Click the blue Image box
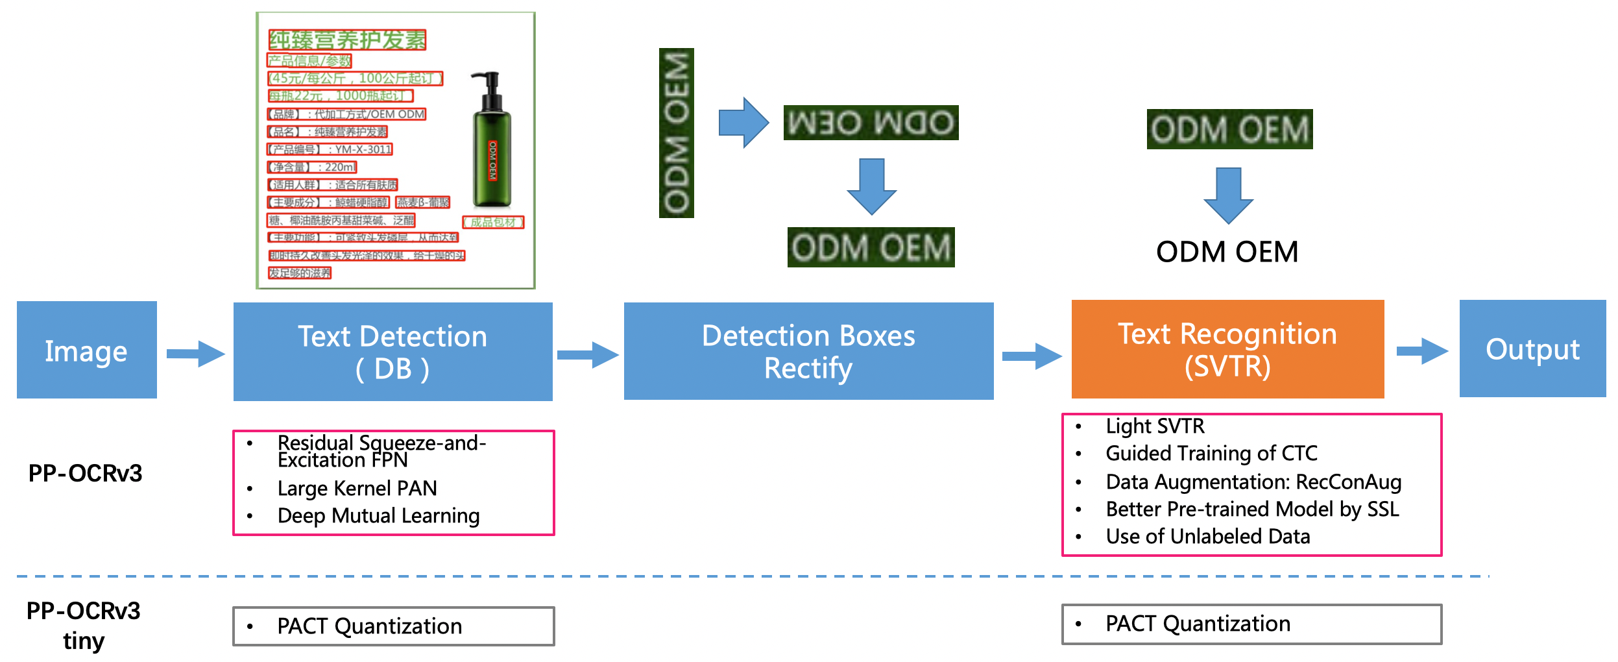tap(86, 350)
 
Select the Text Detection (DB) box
tap(392, 352)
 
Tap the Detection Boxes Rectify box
tap(808, 351)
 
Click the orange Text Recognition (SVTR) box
tap(1227, 349)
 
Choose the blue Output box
tap(1532, 349)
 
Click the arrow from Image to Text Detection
tap(195, 354)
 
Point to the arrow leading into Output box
tap(1421, 351)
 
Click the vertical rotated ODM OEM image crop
tap(676, 133)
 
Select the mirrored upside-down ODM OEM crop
tap(871, 123)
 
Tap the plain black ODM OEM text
tap(1227, 252)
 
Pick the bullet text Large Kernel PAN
tap(357, 488)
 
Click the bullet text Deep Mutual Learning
tap(378, 516)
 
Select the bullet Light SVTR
tap(1155, 426)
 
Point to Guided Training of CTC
tap(1211, 453)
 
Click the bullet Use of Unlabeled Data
tap(1207, 537)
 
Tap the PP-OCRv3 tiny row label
tap(84, 625)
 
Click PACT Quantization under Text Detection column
tap(369, 626)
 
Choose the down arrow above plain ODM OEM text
tap(1228, 195)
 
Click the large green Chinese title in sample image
tap(347, 40)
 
